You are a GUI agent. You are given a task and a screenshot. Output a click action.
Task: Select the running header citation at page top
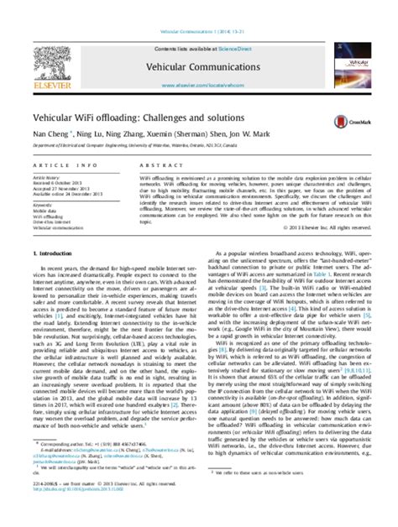pos(198,7)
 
